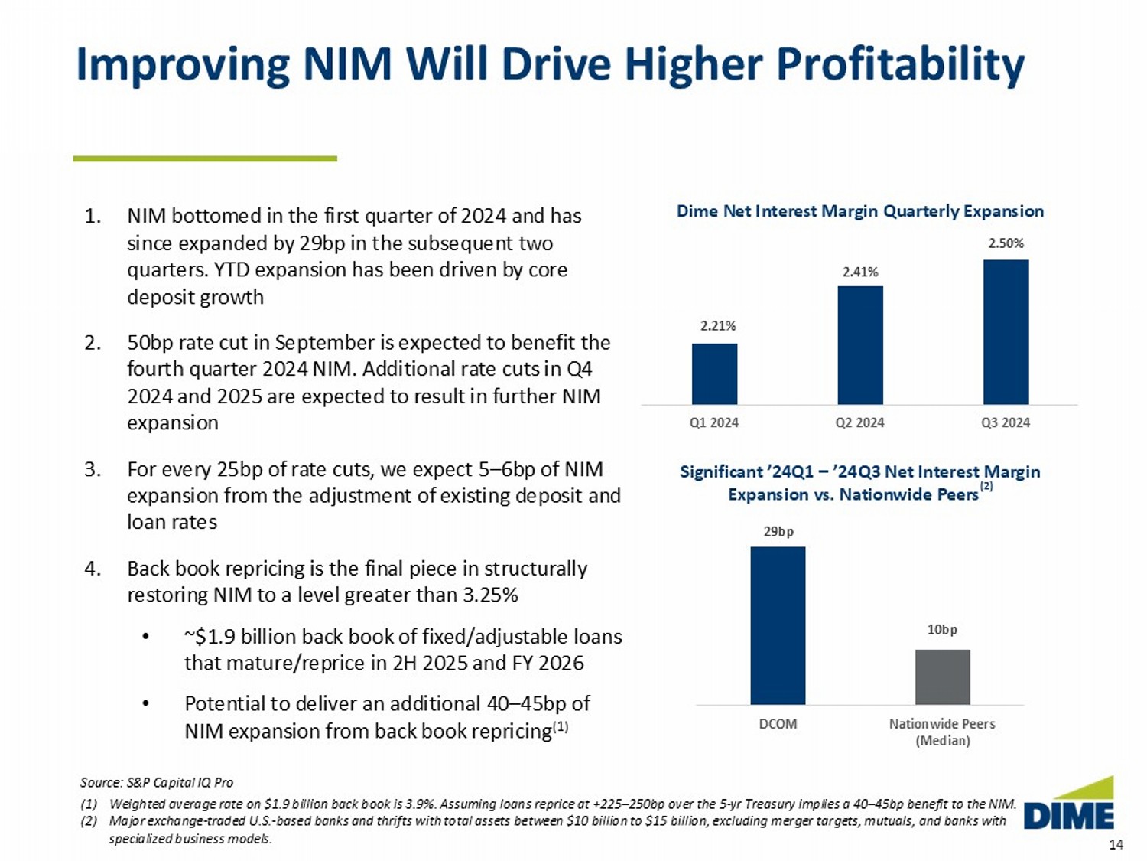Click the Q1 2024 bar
[x=714, y=373]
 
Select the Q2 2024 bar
[x=860, y=345]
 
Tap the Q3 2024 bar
[x=1006, y=331]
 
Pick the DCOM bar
[x=778, y=625]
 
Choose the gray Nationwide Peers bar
[x=942, y=677]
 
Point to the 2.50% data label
[x=1006, y=243]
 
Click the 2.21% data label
[x=718, y=326]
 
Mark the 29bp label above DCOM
[x=778, y=531]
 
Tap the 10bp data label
[x=942, y=629]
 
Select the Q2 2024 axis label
[x=859, y=422]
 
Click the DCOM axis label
[x=778, y=724]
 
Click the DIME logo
[x=1069, y=805]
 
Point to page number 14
[x=1116, y=844]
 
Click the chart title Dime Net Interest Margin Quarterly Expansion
[x=859, y=211]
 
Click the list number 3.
[x=93, y=469]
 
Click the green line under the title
[x=205, y=158]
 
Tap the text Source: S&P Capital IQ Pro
[x=157, y=782]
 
